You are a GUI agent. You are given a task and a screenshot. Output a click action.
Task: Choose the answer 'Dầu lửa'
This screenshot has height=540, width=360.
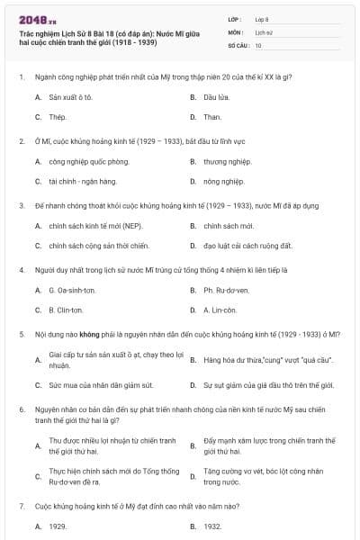point(214,96)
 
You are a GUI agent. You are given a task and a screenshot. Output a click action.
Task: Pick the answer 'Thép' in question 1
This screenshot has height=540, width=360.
point(58,117)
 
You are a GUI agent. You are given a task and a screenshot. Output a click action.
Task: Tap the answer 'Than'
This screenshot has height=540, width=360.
point(211,117)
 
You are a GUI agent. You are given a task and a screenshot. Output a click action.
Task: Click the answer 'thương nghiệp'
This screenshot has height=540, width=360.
point(226,162)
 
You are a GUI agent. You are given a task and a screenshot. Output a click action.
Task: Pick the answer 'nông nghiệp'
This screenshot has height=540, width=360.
point(222,183)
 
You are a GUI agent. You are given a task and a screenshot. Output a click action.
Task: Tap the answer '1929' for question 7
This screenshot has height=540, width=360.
point(58,526)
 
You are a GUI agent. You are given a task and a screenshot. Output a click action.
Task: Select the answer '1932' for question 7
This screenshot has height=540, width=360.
point(212,526)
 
